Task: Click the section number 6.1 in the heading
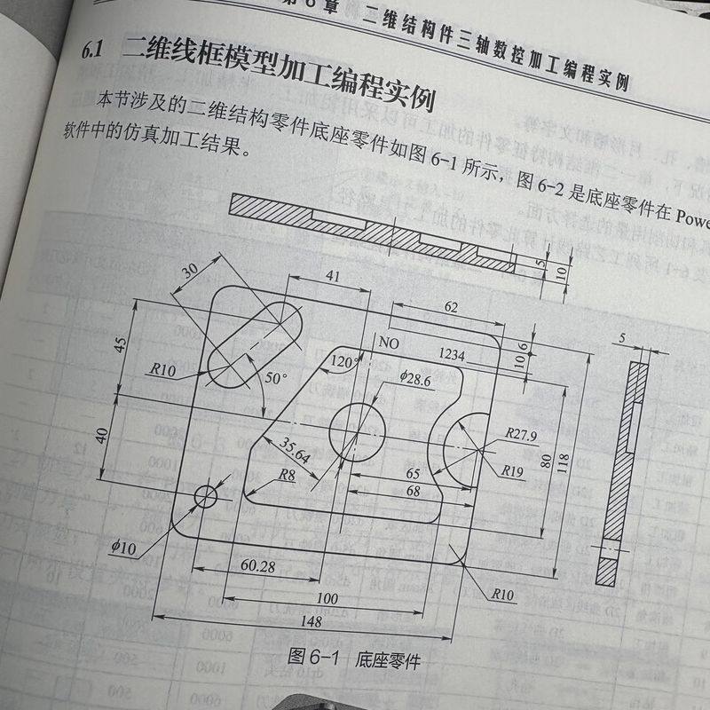(92, 51)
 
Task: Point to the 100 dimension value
(327, 598)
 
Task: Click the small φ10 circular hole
(206, 496)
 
